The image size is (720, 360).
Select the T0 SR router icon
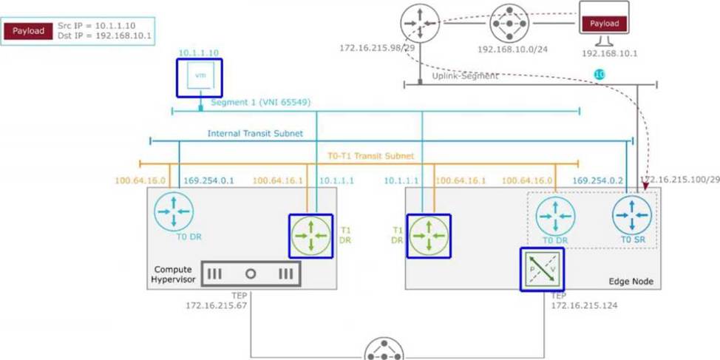632,215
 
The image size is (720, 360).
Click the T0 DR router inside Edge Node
555,217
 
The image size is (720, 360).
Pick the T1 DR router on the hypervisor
310,236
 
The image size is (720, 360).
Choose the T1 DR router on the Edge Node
428,236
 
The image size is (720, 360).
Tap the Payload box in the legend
28,32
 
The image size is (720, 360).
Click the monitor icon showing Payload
604,24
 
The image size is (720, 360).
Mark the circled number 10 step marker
600,75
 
